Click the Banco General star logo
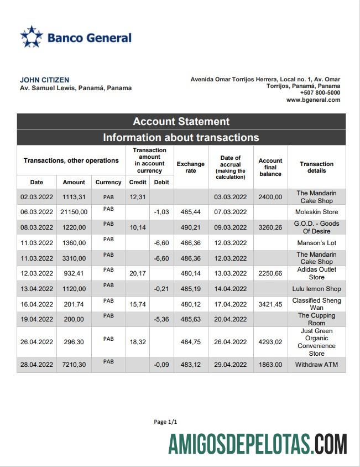click(32, 37)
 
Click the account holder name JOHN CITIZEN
click(45, 80)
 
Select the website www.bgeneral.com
click(313, 100)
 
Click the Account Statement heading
click(181, 122)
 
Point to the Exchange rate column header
click(190, 167)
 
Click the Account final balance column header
click(270, 167)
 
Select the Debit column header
click(161, 182)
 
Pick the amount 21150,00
click(74, 212)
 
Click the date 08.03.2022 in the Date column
click(36, 227)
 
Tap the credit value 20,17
click(137, 273)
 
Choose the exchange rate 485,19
click(190, 289)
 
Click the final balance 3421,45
click(270, 304)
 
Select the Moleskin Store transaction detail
click(316, 212)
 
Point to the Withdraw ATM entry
click(316, 365)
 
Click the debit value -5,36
click(161, 319)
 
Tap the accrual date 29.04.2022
click(230, 365)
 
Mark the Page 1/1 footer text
click(165, 422)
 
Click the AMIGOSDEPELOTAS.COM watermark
click(258, 444)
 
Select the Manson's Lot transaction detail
click(316, 243)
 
